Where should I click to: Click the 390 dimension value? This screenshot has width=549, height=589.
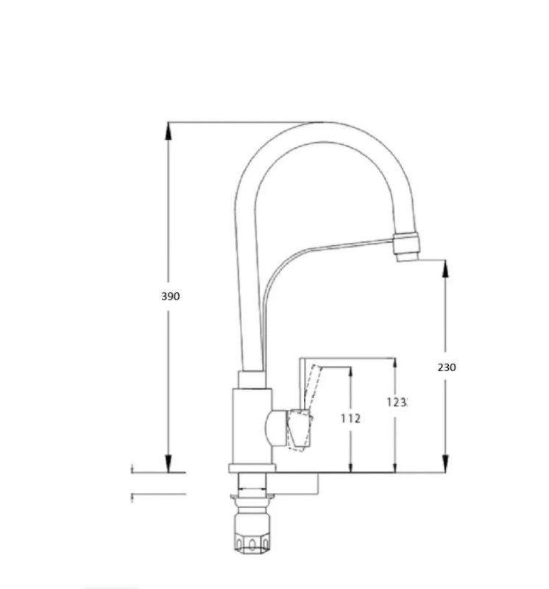171,296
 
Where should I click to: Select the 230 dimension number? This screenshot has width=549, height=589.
447,367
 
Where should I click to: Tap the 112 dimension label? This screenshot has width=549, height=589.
350,418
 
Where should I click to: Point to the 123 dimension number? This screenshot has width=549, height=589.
397,402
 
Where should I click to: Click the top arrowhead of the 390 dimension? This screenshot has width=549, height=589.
169,130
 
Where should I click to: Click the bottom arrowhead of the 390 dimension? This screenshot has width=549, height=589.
169,463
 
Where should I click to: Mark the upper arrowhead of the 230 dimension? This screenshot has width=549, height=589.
445,268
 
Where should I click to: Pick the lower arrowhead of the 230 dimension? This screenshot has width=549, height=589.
445,463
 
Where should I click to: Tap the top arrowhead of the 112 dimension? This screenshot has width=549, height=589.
351,371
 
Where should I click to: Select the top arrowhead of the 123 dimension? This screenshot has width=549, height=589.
394,363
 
